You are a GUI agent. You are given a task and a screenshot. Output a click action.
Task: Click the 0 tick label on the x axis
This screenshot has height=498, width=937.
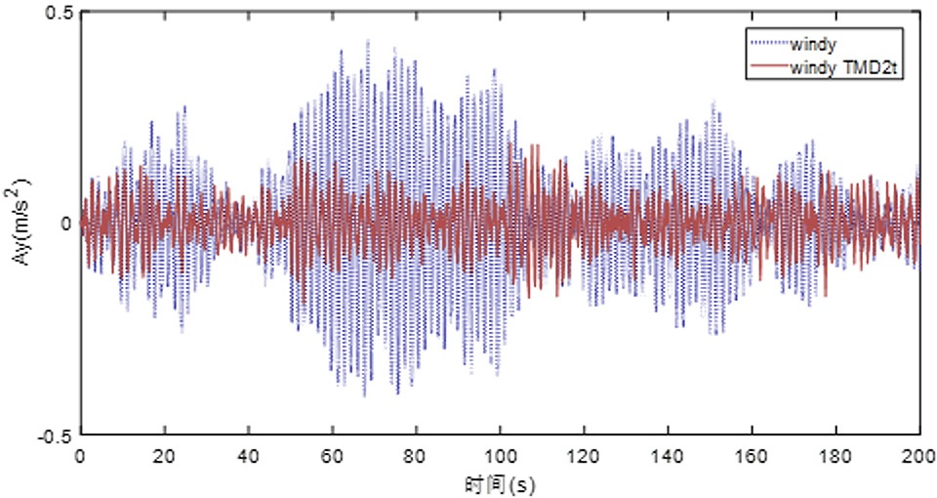tap(80, 457)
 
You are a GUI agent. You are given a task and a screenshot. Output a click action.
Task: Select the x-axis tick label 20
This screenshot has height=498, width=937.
tap(164, 457)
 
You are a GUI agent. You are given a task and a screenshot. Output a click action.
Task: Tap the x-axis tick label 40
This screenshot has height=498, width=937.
tap(248, 457)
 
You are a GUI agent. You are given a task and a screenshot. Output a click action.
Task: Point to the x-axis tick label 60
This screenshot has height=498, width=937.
tap(332, 457)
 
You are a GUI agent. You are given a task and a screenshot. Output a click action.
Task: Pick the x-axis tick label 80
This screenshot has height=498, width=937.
tap(416, 457)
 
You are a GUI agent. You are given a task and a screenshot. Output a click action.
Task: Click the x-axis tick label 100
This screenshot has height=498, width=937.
tap(500, 457)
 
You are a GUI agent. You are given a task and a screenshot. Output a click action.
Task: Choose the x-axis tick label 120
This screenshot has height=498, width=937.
tap(584, 457)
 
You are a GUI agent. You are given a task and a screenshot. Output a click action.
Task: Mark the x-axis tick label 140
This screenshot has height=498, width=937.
tap(668, 457)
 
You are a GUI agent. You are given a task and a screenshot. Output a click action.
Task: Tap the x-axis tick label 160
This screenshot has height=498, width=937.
tap(752, 457)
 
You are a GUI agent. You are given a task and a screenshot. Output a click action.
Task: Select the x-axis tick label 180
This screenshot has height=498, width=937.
tap(835, 457)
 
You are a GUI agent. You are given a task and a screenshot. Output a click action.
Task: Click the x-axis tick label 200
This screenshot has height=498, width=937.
tap(920, 457)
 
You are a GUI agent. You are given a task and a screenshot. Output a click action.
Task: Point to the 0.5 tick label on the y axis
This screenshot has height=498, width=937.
tap(58, 13)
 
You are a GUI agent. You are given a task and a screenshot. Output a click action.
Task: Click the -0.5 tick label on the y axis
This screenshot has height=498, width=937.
tap(54, 436)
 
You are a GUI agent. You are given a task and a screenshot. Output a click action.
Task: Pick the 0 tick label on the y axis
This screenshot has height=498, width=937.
tap(65, 224)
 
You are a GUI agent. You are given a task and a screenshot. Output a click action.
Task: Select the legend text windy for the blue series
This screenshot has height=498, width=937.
tap(813, 44)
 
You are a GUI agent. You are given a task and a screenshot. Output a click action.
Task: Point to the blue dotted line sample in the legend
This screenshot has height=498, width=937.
tap(768, 43)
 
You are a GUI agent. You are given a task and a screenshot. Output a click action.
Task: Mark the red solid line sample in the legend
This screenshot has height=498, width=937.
tap(768, 67)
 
